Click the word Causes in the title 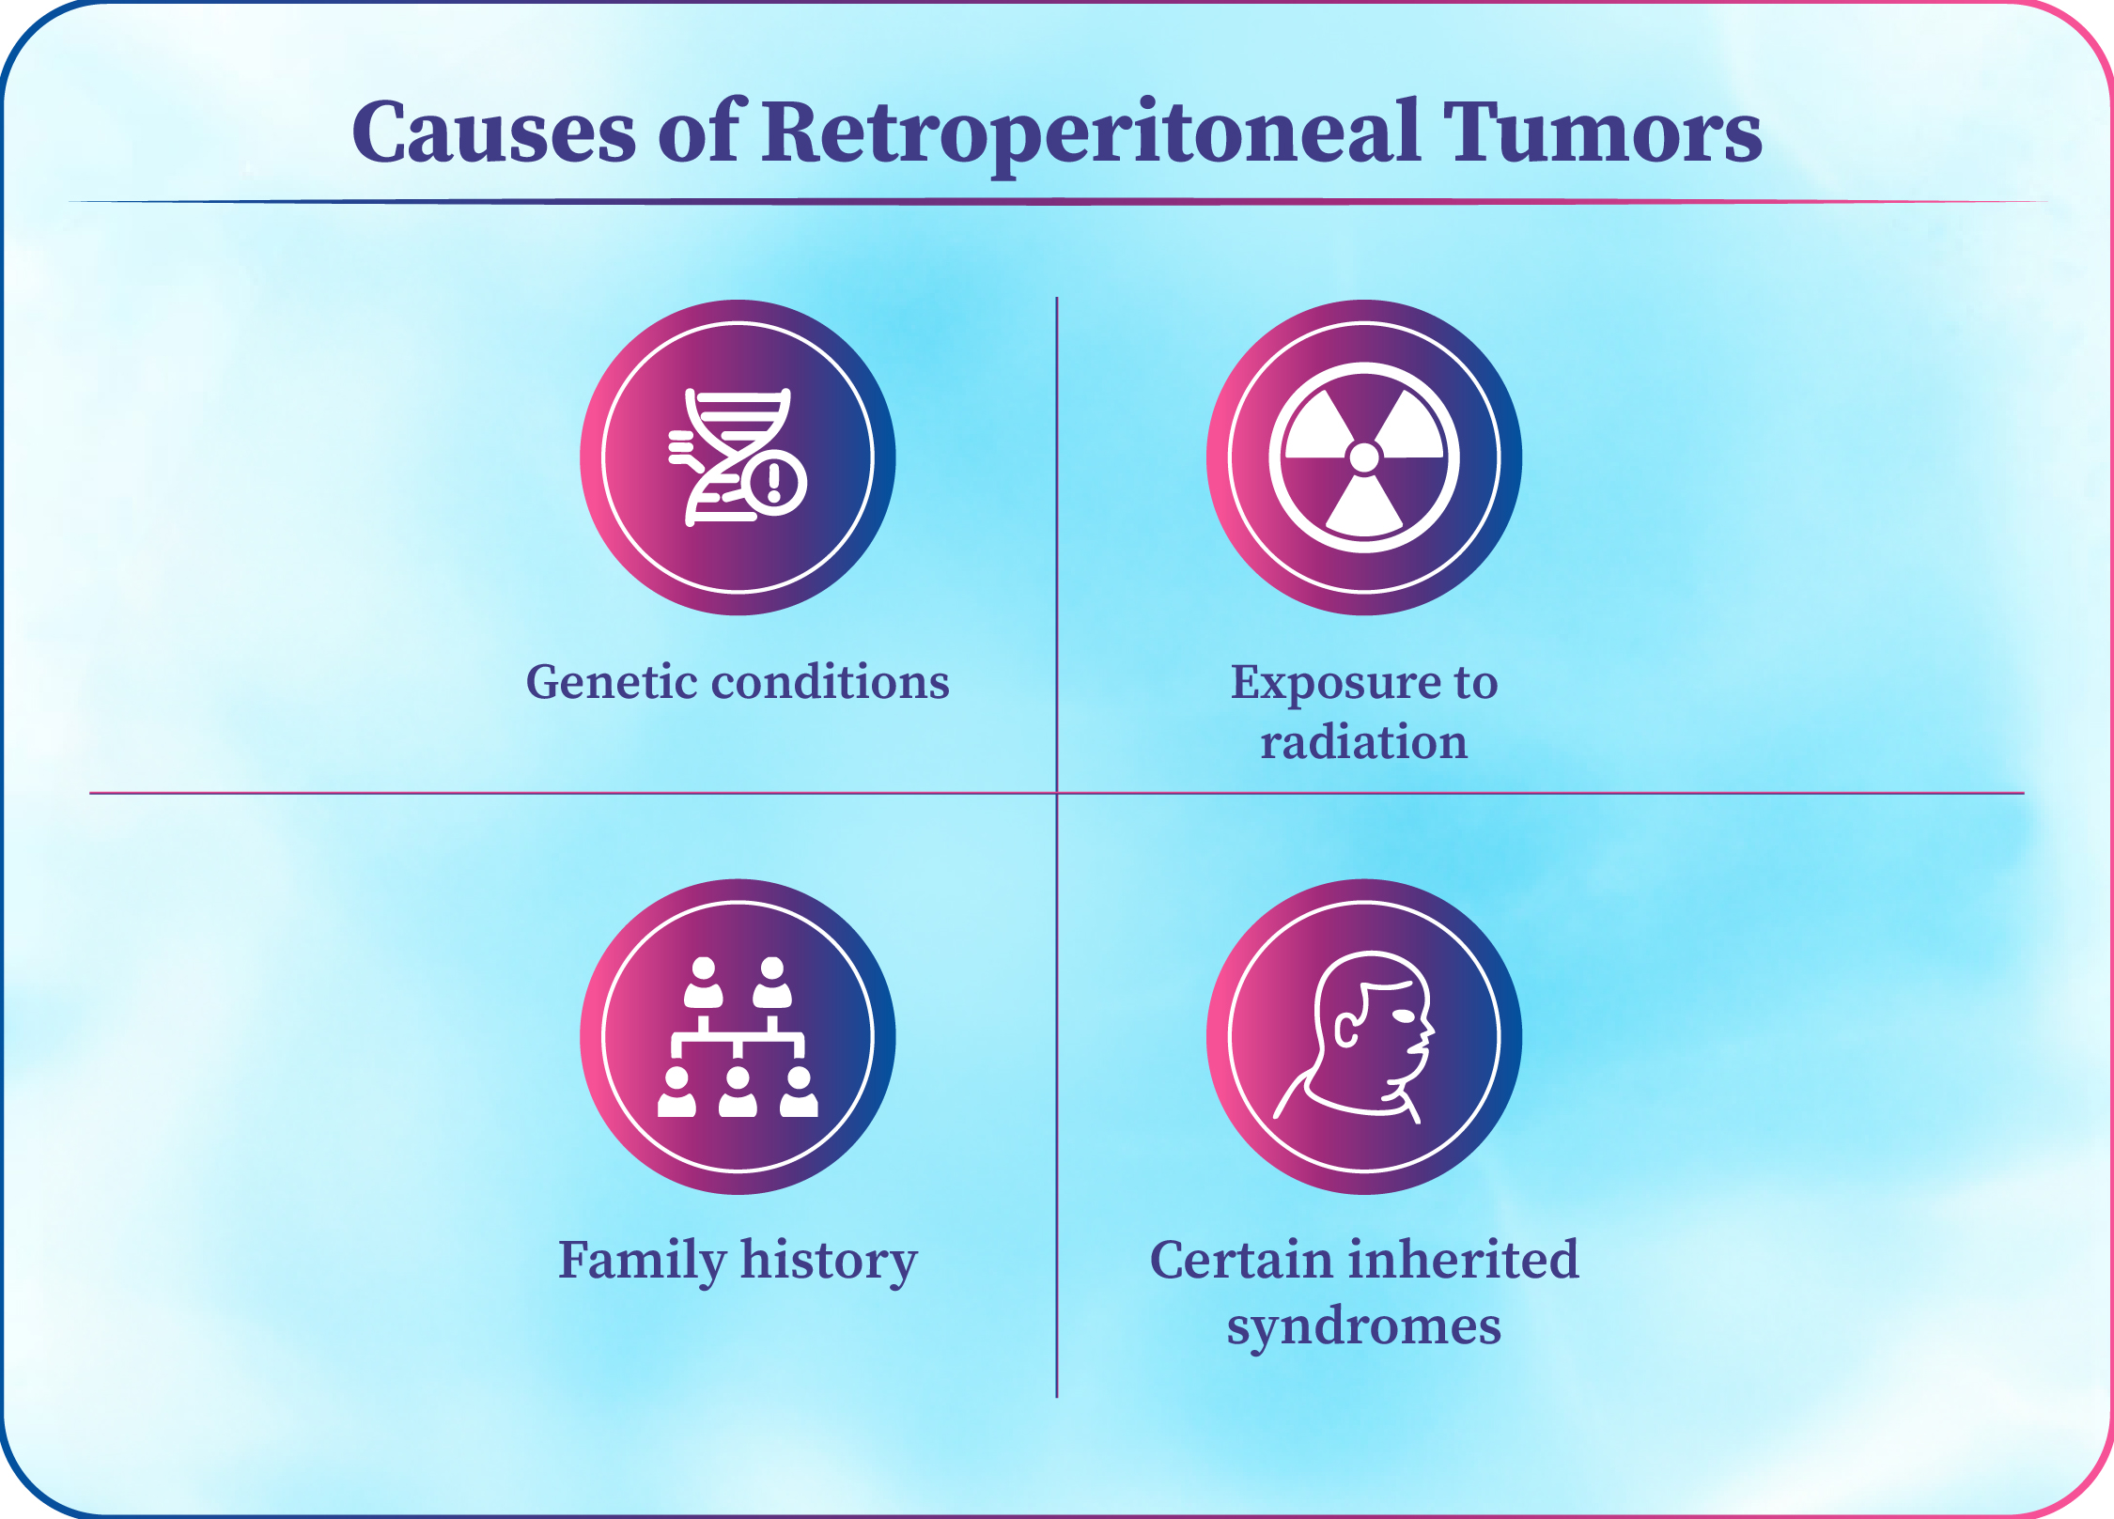tap(494, 132)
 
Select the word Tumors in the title tap(1603, 132)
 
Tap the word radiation tap(1363, 742)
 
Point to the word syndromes tap(1363, 1326)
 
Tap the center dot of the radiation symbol tap(1363, 457)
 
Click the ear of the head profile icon tap(1346, 1031)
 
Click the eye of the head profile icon tap(1403, 1016)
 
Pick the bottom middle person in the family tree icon tap(738, 1092)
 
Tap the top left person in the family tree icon tap(703, 983)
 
